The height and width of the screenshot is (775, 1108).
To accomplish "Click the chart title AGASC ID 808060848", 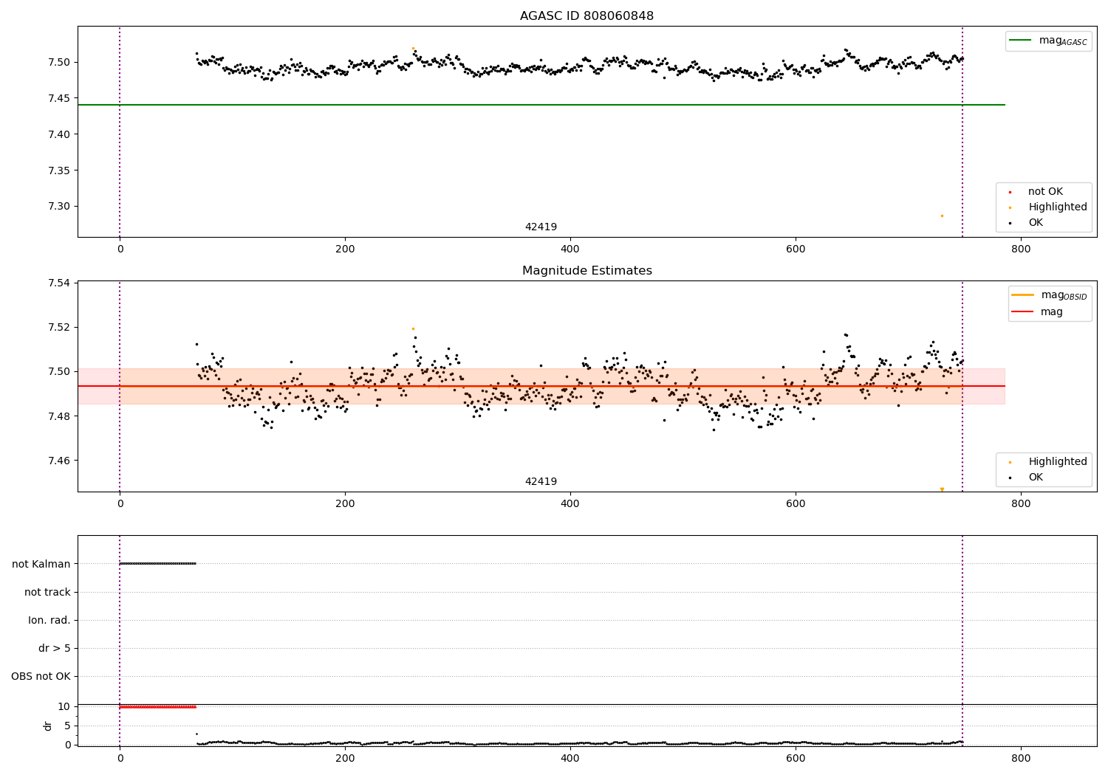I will (x=587, y=16).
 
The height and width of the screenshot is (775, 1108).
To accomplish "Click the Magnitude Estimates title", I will (x=587, y=271).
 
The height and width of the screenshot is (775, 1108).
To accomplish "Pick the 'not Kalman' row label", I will (x=41, y=564).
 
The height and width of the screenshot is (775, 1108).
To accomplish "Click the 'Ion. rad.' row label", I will (x=49, y=620).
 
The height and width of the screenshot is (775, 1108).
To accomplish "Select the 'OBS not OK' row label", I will (x=41, y=676).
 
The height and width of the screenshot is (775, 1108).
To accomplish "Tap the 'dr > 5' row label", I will (x=55, y=648).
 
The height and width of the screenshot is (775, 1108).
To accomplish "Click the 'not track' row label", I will (x=47, y=592).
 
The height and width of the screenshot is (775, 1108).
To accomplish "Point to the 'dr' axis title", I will (x=48, y=726).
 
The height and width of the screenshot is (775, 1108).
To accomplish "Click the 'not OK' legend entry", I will (x=1045, y=192).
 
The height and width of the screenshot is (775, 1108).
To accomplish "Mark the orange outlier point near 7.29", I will (x=942, y=216).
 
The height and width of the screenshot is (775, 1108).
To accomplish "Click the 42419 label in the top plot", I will (x=541, y=227).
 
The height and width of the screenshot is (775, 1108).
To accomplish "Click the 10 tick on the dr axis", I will (x=64, y=706).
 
